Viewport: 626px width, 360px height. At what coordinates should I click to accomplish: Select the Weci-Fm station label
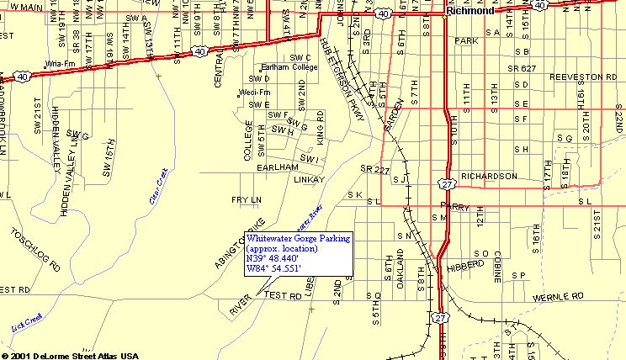tap(255, 92)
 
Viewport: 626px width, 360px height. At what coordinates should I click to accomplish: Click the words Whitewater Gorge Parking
tap(298, 239)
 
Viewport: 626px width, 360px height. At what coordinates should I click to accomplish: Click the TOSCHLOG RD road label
tap(34, 248)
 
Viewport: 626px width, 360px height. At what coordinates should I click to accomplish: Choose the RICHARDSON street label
tap(489, 177)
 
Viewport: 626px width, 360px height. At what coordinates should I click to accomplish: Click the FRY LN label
tap(247, 199)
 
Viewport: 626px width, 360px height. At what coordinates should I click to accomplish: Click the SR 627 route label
tap(522, 68)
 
